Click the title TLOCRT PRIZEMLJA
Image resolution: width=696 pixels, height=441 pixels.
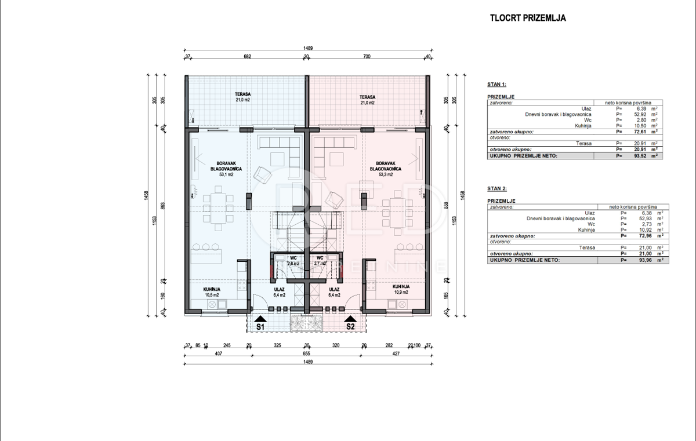click(528, 18)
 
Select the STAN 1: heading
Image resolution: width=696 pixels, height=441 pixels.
click(497, 85)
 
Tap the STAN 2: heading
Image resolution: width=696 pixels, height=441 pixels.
click(497, 188)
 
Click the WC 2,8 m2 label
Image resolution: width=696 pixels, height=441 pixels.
click(293, 260)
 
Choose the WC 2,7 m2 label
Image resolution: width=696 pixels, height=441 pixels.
click(320, 260)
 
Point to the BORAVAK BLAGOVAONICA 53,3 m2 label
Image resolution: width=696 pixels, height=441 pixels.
click(385, 168)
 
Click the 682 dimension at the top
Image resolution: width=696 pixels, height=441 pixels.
click(246, 57)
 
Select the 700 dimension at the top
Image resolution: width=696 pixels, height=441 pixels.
click(366, 57)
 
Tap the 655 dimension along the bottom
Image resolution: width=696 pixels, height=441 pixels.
click(306, 353)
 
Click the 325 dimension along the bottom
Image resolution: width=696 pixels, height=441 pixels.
click(277, 345)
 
